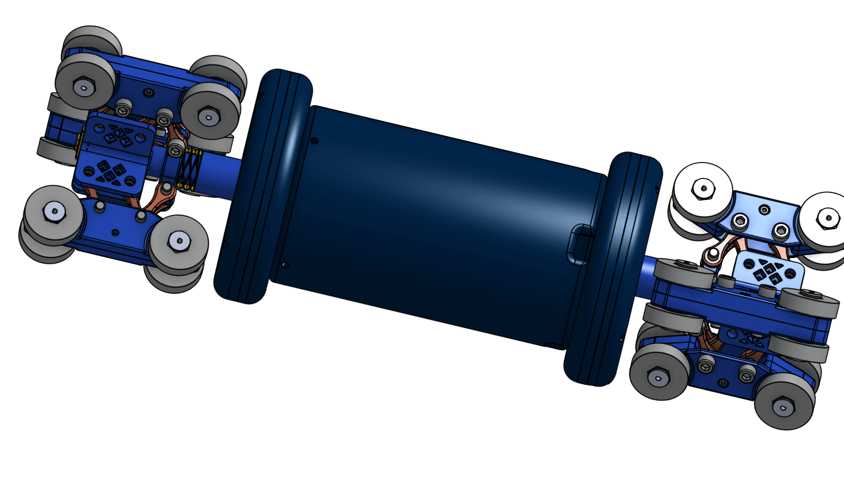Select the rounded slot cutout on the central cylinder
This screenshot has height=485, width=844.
tap(580, 245)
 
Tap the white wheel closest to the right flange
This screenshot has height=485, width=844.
tap(703, 190)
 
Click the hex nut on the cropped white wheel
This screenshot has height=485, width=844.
tap(828, 218)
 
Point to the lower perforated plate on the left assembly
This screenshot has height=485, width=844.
tap(110, 173)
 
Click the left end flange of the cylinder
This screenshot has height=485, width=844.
tap(262, 187)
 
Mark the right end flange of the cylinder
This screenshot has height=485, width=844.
tap(613, 268)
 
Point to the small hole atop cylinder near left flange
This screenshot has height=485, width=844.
tap(314, 140)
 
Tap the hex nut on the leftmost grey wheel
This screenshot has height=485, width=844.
tap(54, 211)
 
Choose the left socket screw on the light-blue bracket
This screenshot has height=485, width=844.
tap(739, 219)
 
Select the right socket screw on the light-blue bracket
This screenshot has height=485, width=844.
tap(781, 231)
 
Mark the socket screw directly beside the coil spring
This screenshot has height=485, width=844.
tap(175, 150)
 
